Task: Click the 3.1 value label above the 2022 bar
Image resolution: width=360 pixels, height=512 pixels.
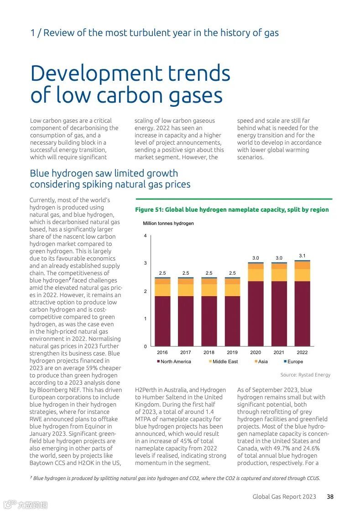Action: pyautogui.click(x=302, y=256)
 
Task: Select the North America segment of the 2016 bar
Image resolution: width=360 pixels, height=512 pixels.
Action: pyautogui.click(x=162, y=321)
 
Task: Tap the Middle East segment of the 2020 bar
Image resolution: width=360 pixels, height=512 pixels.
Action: pyautogui.click(x=256, y=275)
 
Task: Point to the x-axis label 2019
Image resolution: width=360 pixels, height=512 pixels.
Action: pyautogui.click(x=232, y=352)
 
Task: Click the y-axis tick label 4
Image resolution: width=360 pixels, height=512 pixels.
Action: pyautogui.click(x=145, y=236)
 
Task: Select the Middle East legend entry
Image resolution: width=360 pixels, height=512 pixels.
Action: pyautogui.click(x=223, y=361)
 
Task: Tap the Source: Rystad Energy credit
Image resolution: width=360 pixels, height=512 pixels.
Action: pyautogui.click(x=305, y=375)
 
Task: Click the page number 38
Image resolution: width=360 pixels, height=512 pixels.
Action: pyautogui.click(x=330, y=496)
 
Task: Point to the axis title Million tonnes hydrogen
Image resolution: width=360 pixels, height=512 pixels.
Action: pyautogui.click(x=168, y=223)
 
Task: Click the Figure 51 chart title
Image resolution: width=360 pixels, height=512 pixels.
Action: pyautogui.click(x=232, y=210)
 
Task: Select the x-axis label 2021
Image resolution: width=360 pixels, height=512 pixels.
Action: pyautogui.click(x=279, y=352)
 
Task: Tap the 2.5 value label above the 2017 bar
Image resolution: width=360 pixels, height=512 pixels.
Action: pyautogui.click(x=186, y=273)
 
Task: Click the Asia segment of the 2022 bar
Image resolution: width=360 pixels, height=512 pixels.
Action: pyautogui.click(x=302, y=265)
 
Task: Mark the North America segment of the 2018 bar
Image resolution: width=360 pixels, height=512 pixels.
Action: pyautogui.click(x=209, y=321)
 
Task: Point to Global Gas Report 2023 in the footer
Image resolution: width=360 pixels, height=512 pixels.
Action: pyautogui.click(x=284, y=496)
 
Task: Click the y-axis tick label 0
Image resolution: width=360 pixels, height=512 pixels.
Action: pyautogui.click(x=145, y=346)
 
